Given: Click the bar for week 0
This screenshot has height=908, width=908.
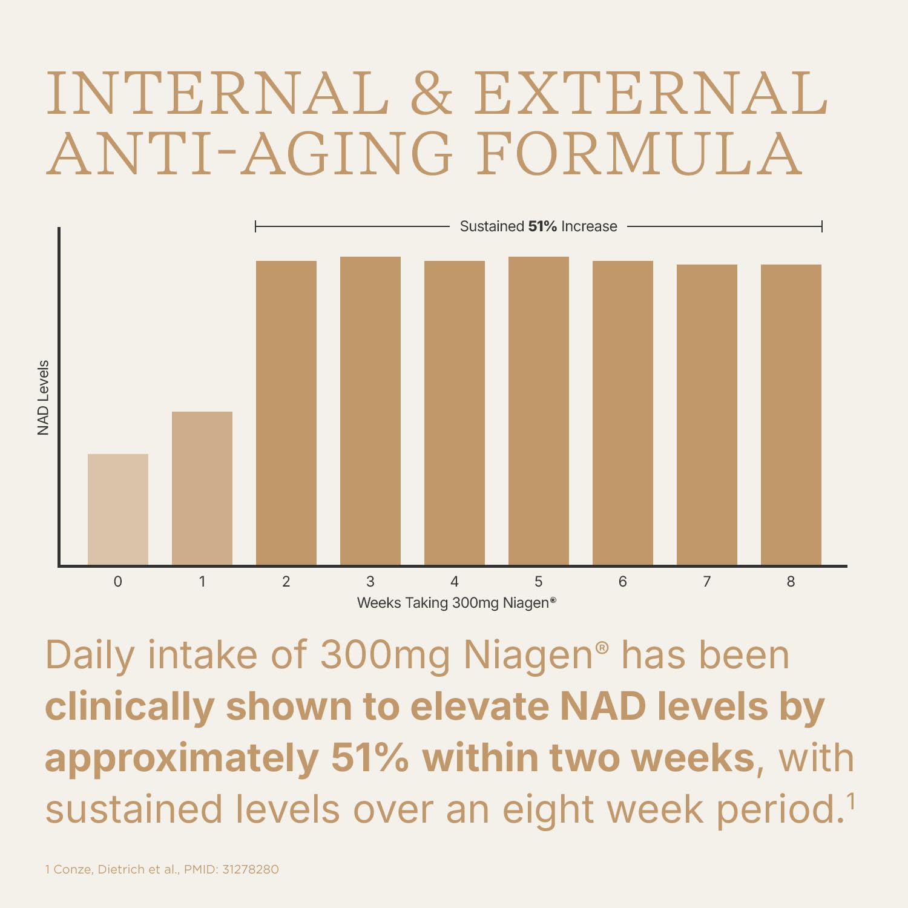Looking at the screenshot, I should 118,509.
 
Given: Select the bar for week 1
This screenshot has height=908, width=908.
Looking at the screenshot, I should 202,488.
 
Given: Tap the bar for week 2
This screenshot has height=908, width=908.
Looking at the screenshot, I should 286,413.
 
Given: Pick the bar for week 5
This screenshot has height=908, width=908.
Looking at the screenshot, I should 539,410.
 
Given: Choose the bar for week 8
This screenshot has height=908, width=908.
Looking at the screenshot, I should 791,415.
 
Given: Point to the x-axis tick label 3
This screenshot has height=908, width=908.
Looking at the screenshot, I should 370,582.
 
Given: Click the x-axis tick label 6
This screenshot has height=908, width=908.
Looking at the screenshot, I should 623,582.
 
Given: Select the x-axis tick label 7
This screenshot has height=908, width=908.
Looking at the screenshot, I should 707,582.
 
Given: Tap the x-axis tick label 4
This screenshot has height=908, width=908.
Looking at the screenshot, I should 455,582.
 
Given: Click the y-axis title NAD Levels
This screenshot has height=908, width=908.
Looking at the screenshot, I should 43,398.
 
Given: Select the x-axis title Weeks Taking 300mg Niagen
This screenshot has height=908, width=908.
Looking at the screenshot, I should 456,603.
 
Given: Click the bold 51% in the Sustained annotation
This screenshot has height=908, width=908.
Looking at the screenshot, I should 542,226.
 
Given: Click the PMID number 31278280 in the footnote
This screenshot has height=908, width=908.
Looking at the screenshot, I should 251,870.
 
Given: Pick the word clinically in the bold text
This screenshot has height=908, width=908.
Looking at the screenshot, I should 130,707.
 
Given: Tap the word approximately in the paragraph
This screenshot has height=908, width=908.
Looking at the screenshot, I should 182,758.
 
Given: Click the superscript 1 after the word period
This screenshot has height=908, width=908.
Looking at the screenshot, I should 850,801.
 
